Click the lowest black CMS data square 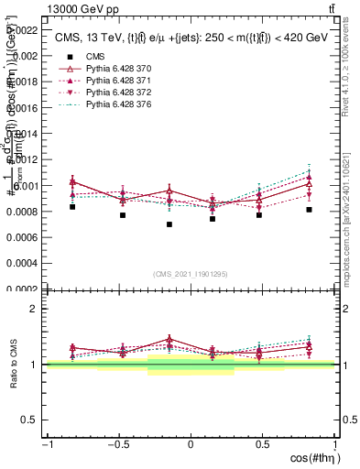169,224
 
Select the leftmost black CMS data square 72,207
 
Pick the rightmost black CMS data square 310,210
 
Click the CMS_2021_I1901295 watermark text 191,275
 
